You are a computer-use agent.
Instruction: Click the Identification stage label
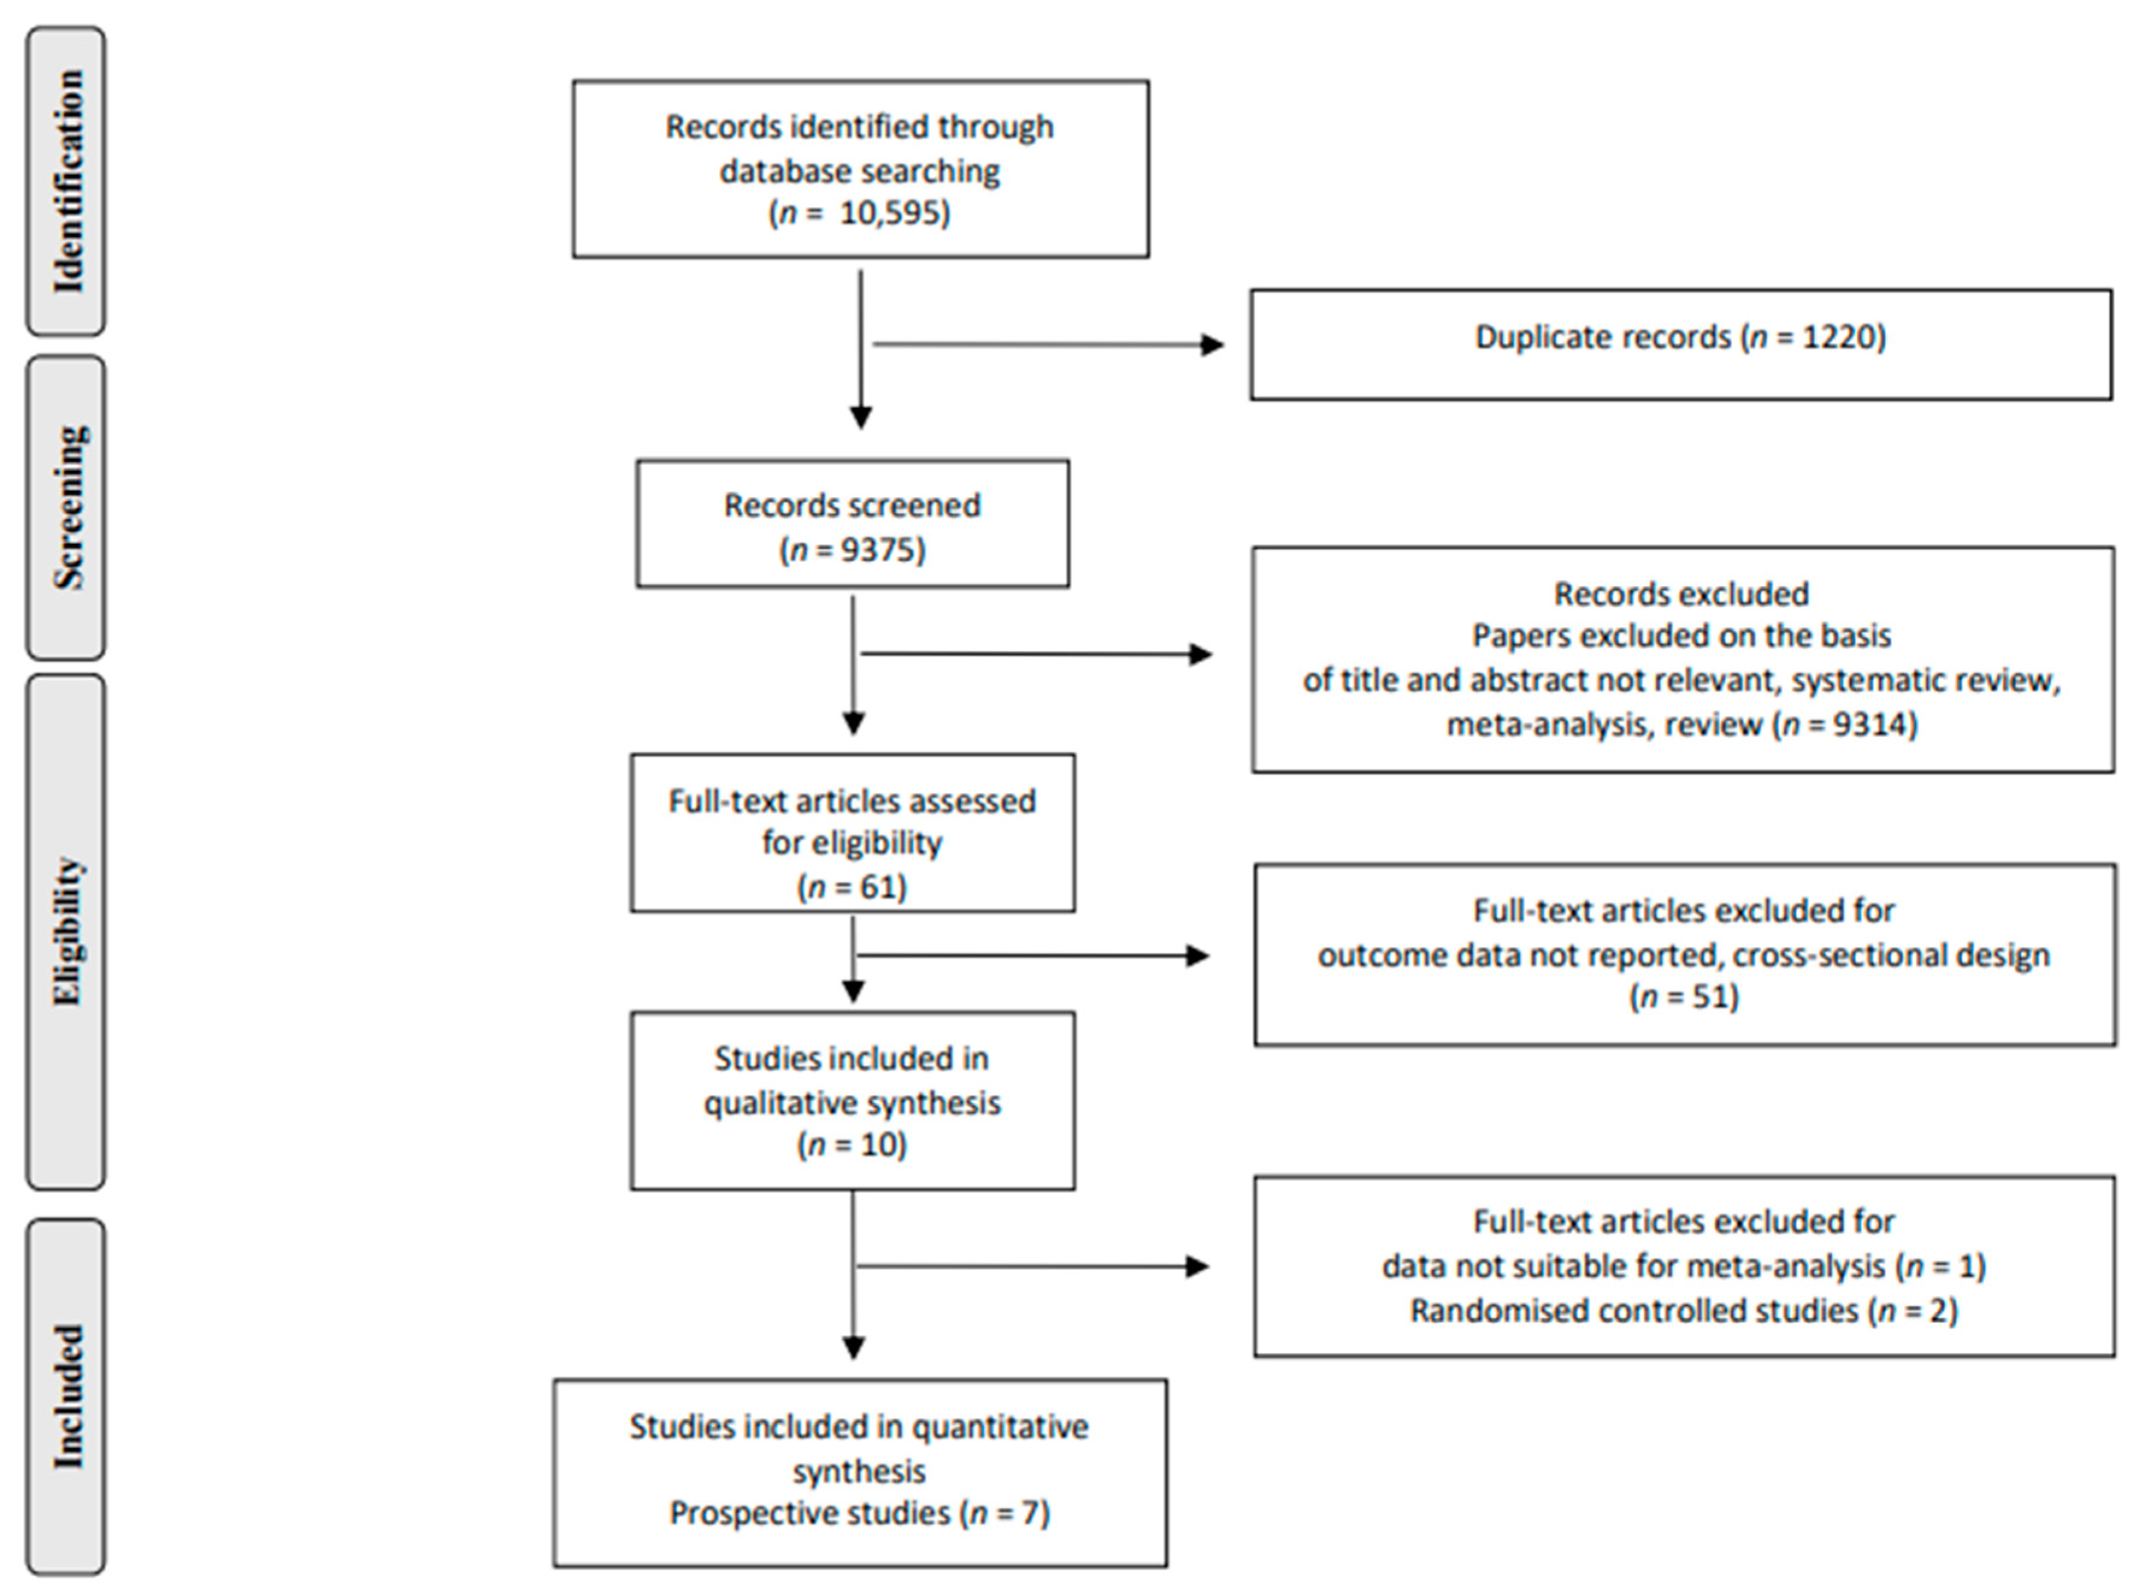point(67,182)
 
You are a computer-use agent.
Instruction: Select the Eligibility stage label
point(67,932)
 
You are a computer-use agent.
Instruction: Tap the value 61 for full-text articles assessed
point(879,887)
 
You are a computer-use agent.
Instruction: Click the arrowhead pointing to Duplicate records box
point(1211,345)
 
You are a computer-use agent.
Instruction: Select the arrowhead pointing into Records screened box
point(860,418)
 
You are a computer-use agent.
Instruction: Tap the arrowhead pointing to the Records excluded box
point(1200,655)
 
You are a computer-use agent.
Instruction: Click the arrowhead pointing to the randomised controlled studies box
point(1197,1267)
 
